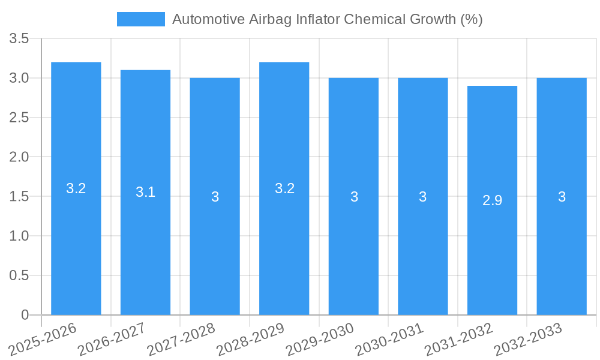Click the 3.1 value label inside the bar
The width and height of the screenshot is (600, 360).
(x=145, y=192)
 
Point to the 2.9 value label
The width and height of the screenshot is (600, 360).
(x=492, y=200)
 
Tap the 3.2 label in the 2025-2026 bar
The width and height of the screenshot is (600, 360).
(x=76, y=188)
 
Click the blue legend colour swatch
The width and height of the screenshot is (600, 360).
(x=140, y=19)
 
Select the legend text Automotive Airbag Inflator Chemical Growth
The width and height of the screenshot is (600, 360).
(x=327, y=19)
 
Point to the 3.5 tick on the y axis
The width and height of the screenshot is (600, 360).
(x=20, y=39)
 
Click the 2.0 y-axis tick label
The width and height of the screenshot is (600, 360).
(x=20, y=157)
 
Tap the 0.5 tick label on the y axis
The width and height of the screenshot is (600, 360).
(x=20, y=275)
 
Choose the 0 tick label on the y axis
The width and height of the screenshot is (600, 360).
(x=25, y=315)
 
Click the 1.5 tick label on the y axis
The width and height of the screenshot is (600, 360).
(x=20, y=197)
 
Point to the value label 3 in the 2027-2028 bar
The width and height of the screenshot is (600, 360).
(x=215, y=197)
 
